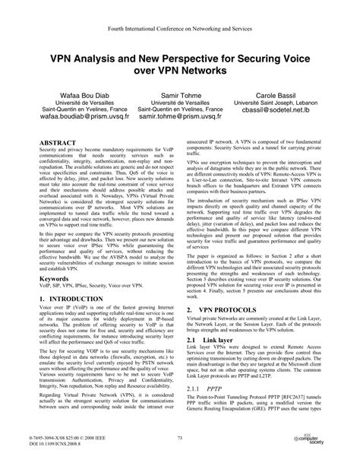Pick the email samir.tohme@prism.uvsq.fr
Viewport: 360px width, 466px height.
coord(179,119)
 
